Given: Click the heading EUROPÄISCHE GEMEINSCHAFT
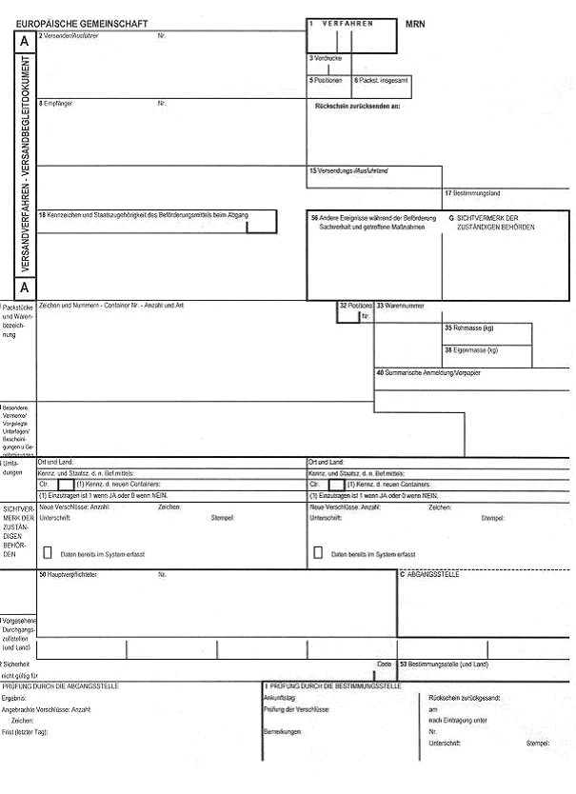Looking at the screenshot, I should pyautogui.click(x=82, y=21).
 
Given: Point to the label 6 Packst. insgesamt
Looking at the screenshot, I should pyautogui.click(x=382, y=80).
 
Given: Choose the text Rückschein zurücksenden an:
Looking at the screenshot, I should pyautogui.click(x=357, y=106).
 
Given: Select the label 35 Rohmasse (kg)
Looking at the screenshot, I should pyautogui.click(x=469, y=328).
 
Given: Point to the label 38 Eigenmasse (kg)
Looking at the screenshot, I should pyautogui.click(x=471, y=349).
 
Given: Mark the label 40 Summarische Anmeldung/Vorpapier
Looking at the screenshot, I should pyautogui.click(x=428, y=372).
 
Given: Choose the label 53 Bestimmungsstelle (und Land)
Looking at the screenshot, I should pyautogui.click(x=444, y=664).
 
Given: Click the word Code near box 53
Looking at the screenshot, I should pyautogui.click(x=384, y=664).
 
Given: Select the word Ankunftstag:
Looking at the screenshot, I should pyautogui.click(x=279, y=697).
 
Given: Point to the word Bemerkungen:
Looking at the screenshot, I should pyautogui.click(x=283, y=731).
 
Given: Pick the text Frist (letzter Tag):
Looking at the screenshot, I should pyautogui.click(x=25, y=731).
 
